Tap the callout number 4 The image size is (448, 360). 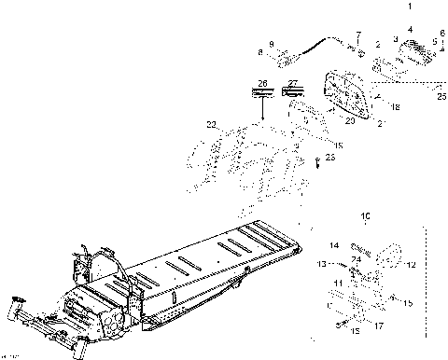(409, 29)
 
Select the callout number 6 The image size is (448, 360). (442, 34)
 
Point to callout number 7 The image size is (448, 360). (357, 34)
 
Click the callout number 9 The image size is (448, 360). (272, 44)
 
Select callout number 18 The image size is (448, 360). (396, 108)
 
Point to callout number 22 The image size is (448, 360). (211, 124)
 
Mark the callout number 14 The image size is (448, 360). (333, 245)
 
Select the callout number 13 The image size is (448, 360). (320, 265)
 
